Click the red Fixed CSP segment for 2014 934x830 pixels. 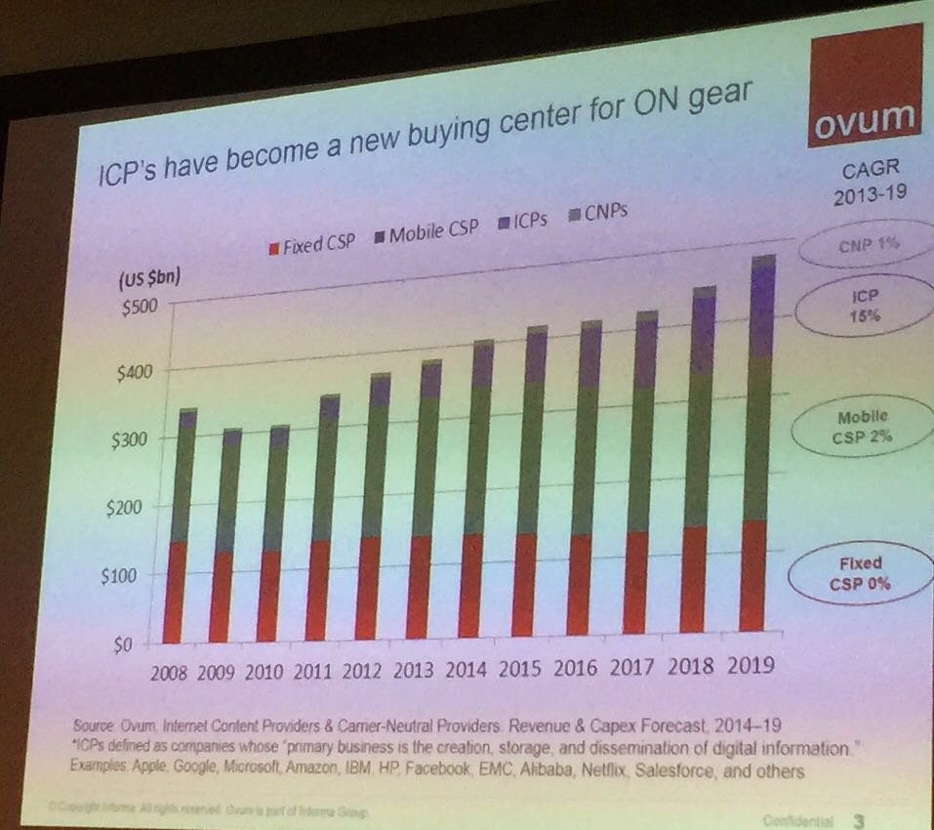tap(470, 585)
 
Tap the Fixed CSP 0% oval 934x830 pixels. tap(859, 574)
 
